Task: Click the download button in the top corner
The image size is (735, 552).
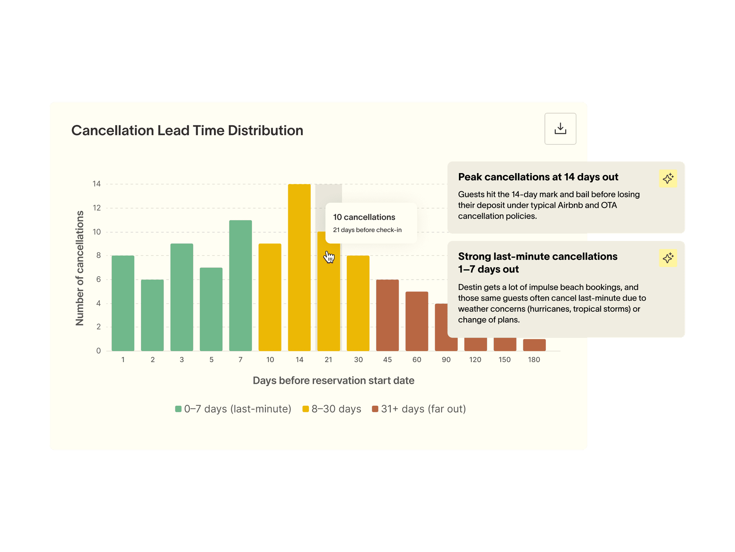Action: tap(560, 129)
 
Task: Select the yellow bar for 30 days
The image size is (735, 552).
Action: tap(358, 303)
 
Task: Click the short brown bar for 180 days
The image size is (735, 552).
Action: tap(534, 345)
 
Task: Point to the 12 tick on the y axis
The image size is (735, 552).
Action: tap(97, 208)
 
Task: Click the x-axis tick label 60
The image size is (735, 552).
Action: tap(417, 360)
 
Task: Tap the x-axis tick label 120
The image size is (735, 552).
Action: tap(475, 360)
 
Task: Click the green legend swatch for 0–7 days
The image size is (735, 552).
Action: tap(178, 409)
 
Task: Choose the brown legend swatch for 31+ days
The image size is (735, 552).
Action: tap(375, 409)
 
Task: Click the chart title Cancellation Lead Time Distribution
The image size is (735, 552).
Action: tap(187, 131)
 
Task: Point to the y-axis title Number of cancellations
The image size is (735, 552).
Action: tap(80, 268)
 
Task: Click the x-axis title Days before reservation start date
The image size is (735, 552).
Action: tap(333, 380)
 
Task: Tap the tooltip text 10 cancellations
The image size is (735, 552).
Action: tap(364, 217)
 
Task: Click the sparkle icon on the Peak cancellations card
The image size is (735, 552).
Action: tap(668, 179)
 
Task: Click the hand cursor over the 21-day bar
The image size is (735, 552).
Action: tap(329, 257)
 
